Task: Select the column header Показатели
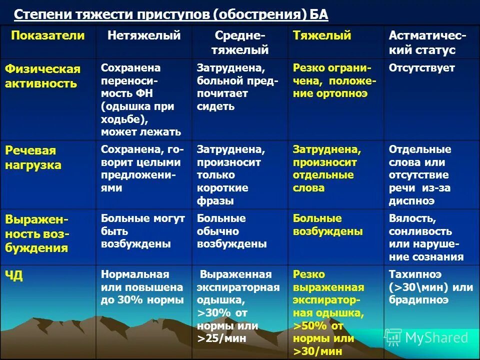[x=48, y=35]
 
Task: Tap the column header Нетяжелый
[x=144, y=35]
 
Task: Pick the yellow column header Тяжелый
[x=322, y=35]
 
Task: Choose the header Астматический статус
[x=428, y=42]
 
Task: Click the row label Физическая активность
[x=42, y=76]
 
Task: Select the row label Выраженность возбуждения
[x=37, y=233]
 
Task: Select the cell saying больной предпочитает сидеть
[x=237, y=87]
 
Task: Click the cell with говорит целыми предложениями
[x=142, y=169]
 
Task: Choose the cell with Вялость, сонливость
[x=426, y=238]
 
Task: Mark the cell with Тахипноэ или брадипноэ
[x=430, y=287]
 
